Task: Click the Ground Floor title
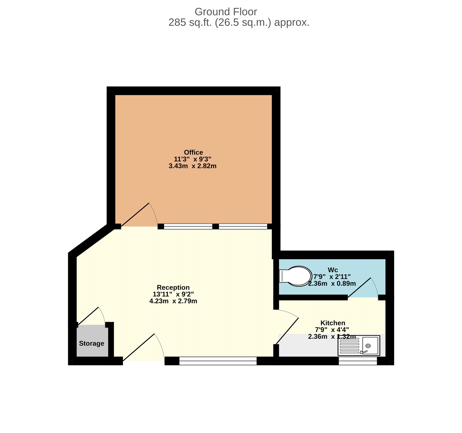pyautogui.click(x=226, y=12)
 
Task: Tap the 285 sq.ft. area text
pyautogui.click(x=239, y=23)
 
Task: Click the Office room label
pyautogui.click(x=193, y=152)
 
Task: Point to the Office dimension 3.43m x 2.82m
pyautogui.click(x=192, y=166)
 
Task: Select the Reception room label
pyautogui.click(x=173, y=288)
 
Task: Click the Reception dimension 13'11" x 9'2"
pyautogui.click(x=173, y=294)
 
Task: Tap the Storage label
pyautogui.click(x=92, y=344)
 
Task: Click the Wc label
pyautogui.click(x=333, y=270)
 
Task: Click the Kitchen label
pyautogui.click(x=333, y=323)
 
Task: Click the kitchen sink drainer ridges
pyautogui.click(x=349, y=346)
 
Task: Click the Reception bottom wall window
pyautogui.click(x=218, y=361)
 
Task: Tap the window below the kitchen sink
pyautogui.click(x=357, y=361)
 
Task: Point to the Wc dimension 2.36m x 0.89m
pyautogui.click(x=332, y=284)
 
